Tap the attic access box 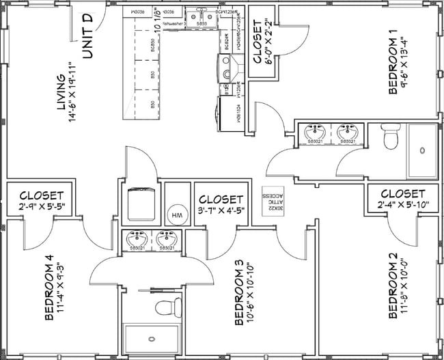tap(273, 202)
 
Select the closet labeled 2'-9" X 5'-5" tap(41, 202)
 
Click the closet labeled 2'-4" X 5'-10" tap(402, 199)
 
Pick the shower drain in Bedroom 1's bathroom tap(424, 150)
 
